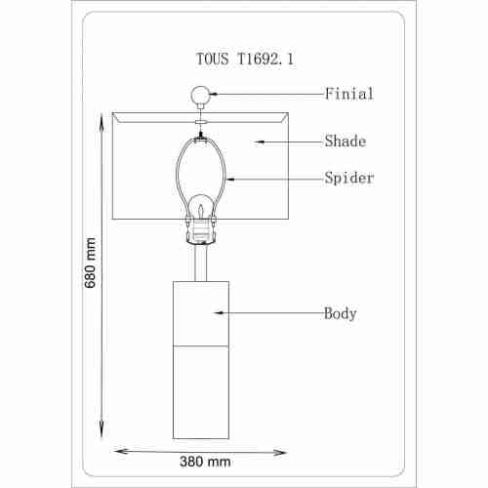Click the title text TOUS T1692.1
tap(245, 60)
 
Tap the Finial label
tap(349, 94)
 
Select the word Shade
tap(346, 141)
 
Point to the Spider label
tap(349, 179)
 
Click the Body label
tap(340, 313)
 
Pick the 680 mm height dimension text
tap(90, 263)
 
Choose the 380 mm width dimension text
tap(205, 462)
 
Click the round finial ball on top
tap(200, 95)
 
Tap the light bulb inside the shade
tap(201, 207)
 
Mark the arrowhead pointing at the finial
tap(213, 94)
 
